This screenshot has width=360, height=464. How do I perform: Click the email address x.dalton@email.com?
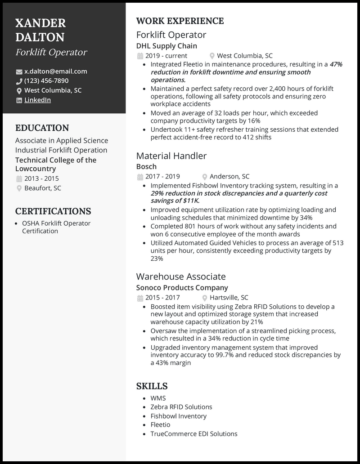pyautogui.click(x=55, y=71)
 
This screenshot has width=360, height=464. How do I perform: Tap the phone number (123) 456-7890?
pyautogui.click(x=46, y=81)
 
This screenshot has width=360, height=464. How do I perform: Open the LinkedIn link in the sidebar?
pyautogui.click(x=37, y=100)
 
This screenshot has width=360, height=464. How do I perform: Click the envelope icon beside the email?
pyautogui.click(x=19, y=71)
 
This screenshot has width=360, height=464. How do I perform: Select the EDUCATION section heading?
pyautogui.click(x=42, y=128)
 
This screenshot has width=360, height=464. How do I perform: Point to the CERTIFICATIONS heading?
pyautogui.click(x=53, y=211)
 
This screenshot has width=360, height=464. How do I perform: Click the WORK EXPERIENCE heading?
pyautogui.click(x=180, y=21)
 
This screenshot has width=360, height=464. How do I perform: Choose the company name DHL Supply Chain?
pyautogui.click(x=166, y=46)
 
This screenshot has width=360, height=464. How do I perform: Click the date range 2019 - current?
pyautogui.click(x=166, y=56)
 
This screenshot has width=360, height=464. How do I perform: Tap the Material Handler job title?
pyautogui.click(x=171, y=156)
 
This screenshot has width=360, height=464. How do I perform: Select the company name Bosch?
pyautogui.click(x=146, y=166)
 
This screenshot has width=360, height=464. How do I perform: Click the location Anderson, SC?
pyautogui.click(x=229, y=177)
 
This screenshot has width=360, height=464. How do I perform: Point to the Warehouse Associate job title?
pyautogui.click(x=181, y=277)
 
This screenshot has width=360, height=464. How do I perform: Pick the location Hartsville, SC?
pyautogui.click(x=229, y=297)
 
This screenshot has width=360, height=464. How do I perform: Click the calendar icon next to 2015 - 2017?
pyautogui.click(x=139, y=298)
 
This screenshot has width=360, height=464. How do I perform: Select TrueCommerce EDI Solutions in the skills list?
pyautogui.click(x=193, y=434)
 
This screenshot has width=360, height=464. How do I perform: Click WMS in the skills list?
pyautogui.click(x=158, y=398)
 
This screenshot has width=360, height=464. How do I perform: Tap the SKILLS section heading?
pyautogui.click(x=152, y=386)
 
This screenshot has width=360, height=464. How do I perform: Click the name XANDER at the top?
pyautogui.click(x=40, y=23)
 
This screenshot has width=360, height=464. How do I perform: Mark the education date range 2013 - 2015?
pyautogui.click(x=41, y=178)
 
